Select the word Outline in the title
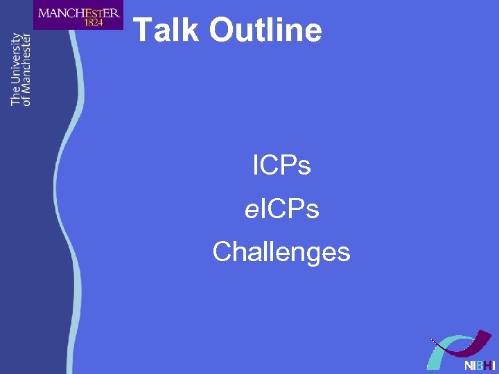[265, 30]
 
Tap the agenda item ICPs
[281, 166]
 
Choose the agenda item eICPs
[281, 208]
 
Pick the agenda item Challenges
[281, 251]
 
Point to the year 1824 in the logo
[93, 22]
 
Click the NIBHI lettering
[480, 364]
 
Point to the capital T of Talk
[141, 30]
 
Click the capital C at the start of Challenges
[222, 251]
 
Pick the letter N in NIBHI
[469, 364]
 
